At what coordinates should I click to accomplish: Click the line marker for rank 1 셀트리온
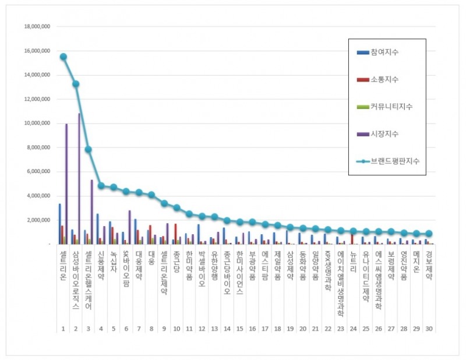click(x=63, y=57)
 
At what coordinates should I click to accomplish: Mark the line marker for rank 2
click(x=76, y=84)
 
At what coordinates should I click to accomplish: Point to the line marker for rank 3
click(x=89, y=149)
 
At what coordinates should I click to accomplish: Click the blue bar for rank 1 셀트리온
click(x=59, y=224)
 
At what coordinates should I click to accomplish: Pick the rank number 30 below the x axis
click(x=429, y=329)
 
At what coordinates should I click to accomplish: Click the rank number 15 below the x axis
click(x=239, y=329)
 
